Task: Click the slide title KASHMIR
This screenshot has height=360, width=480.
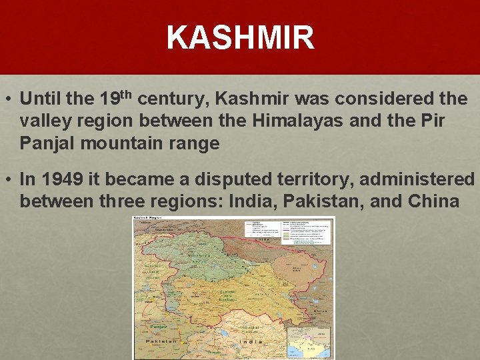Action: (x=240, y=37)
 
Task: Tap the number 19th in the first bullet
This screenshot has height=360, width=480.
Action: (x=118, y=99)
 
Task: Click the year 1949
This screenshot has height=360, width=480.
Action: (x=61, y=179)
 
